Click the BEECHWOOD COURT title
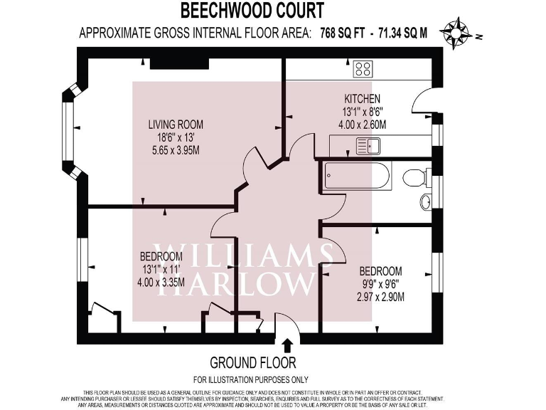[x=252, y=11]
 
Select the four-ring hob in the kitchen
[x=363, y=69]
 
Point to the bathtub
[x=357, y=175]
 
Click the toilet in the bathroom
[x=415, y=177]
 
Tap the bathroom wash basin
[x=425, y=202]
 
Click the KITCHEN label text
[x=363, y=99]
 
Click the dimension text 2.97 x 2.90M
[x=381, y=297]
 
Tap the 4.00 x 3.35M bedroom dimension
[x=162, y=283]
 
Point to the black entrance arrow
[x=288, y=345]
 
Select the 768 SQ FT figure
[x=340, y=33]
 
